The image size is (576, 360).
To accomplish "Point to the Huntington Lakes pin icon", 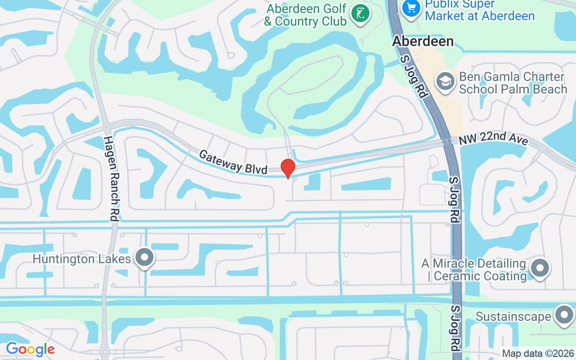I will click(145, 258).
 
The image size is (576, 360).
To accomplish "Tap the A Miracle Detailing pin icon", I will click(540, 268).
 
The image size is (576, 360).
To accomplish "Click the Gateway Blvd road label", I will click(233, 162).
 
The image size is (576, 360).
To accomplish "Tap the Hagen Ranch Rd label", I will click(111, 178).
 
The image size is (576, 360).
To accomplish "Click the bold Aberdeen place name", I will click(423, 41).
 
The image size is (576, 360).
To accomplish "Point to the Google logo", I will click(30, 349).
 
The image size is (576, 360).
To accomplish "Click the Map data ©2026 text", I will click(538, 353).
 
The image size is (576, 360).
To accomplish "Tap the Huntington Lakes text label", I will click(82, 259).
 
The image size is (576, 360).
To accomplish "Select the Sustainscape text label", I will click(513, 316).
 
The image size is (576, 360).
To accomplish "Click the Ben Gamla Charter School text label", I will click(513, 83).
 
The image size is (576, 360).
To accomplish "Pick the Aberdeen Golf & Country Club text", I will click(306, 15).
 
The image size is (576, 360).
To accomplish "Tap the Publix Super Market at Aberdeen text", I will click(480, 10).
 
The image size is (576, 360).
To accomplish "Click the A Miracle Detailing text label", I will click(474, 270).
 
